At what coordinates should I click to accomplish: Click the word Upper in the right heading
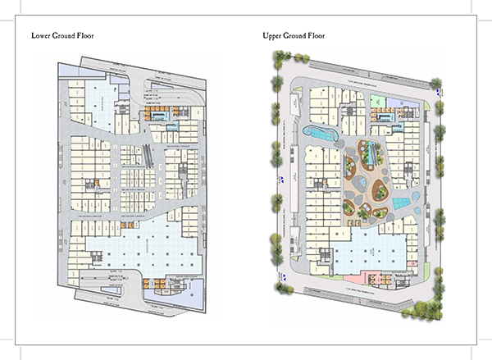point(272,35)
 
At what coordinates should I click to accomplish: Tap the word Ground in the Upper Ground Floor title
point(303,35)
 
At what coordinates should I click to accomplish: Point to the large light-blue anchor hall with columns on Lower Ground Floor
point(139,246)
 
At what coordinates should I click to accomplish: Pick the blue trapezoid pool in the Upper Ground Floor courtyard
point(399,202)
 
